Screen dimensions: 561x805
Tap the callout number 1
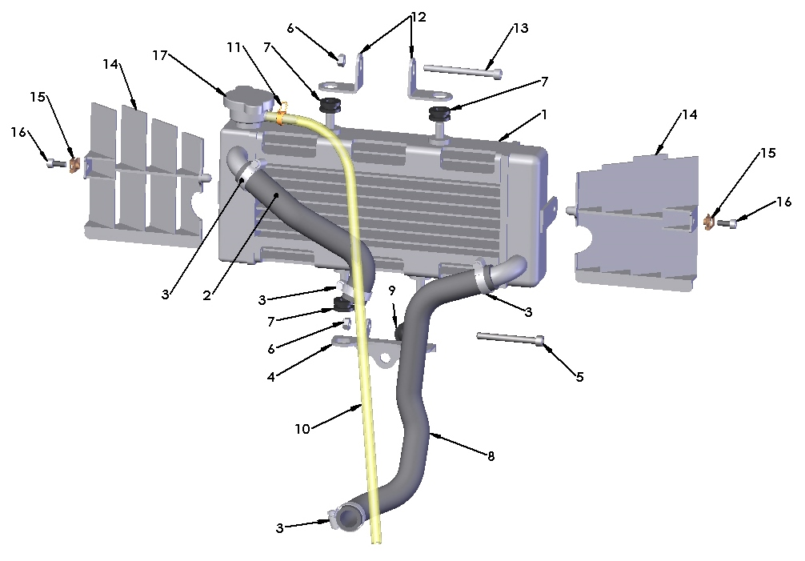coord(544,114)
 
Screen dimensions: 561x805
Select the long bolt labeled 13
coord(463,72)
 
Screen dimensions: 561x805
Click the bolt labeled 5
coord(511,338)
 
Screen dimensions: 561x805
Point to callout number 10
coord(302,429)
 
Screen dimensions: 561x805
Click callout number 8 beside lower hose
coord(491,456)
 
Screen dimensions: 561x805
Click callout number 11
coord(234,48)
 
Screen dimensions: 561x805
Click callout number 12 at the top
coord(419,16)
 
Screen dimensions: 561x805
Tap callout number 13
coord(521,28)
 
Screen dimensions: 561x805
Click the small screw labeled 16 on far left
coord(54,162)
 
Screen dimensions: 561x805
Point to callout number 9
coord(392,290)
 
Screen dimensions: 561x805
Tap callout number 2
coord(206,295)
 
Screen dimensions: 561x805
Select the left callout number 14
coord(110,63)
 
